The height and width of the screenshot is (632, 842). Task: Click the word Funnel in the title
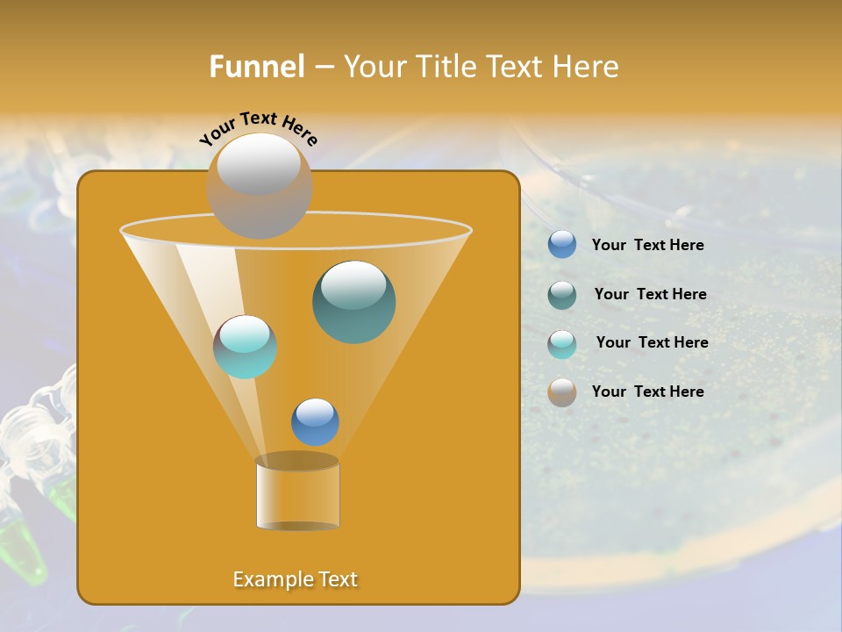256,67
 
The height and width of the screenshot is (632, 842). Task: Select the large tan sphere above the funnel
260,185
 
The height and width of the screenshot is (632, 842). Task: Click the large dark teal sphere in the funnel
353,301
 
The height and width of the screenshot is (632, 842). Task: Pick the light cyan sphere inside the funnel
246,347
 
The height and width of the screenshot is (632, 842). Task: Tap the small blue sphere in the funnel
315,421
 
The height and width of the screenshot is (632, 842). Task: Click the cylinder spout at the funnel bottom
297,493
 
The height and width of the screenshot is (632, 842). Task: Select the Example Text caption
295,579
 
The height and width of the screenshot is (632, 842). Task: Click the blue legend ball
562,245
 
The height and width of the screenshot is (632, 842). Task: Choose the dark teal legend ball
562,295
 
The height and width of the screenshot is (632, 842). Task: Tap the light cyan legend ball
562,343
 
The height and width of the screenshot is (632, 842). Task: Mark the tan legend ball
562,392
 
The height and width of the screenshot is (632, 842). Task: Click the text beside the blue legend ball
647,246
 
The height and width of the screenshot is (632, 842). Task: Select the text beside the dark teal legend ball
650,295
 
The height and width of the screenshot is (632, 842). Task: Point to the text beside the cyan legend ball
652,343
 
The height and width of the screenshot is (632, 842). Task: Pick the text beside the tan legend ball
647,392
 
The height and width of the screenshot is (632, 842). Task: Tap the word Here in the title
586,67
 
